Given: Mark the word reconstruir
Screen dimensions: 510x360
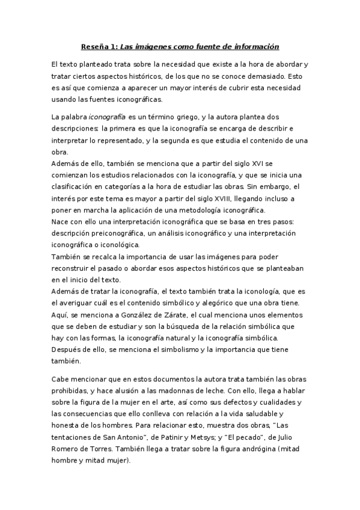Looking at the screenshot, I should pyautogui.click(x=72, y=268).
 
